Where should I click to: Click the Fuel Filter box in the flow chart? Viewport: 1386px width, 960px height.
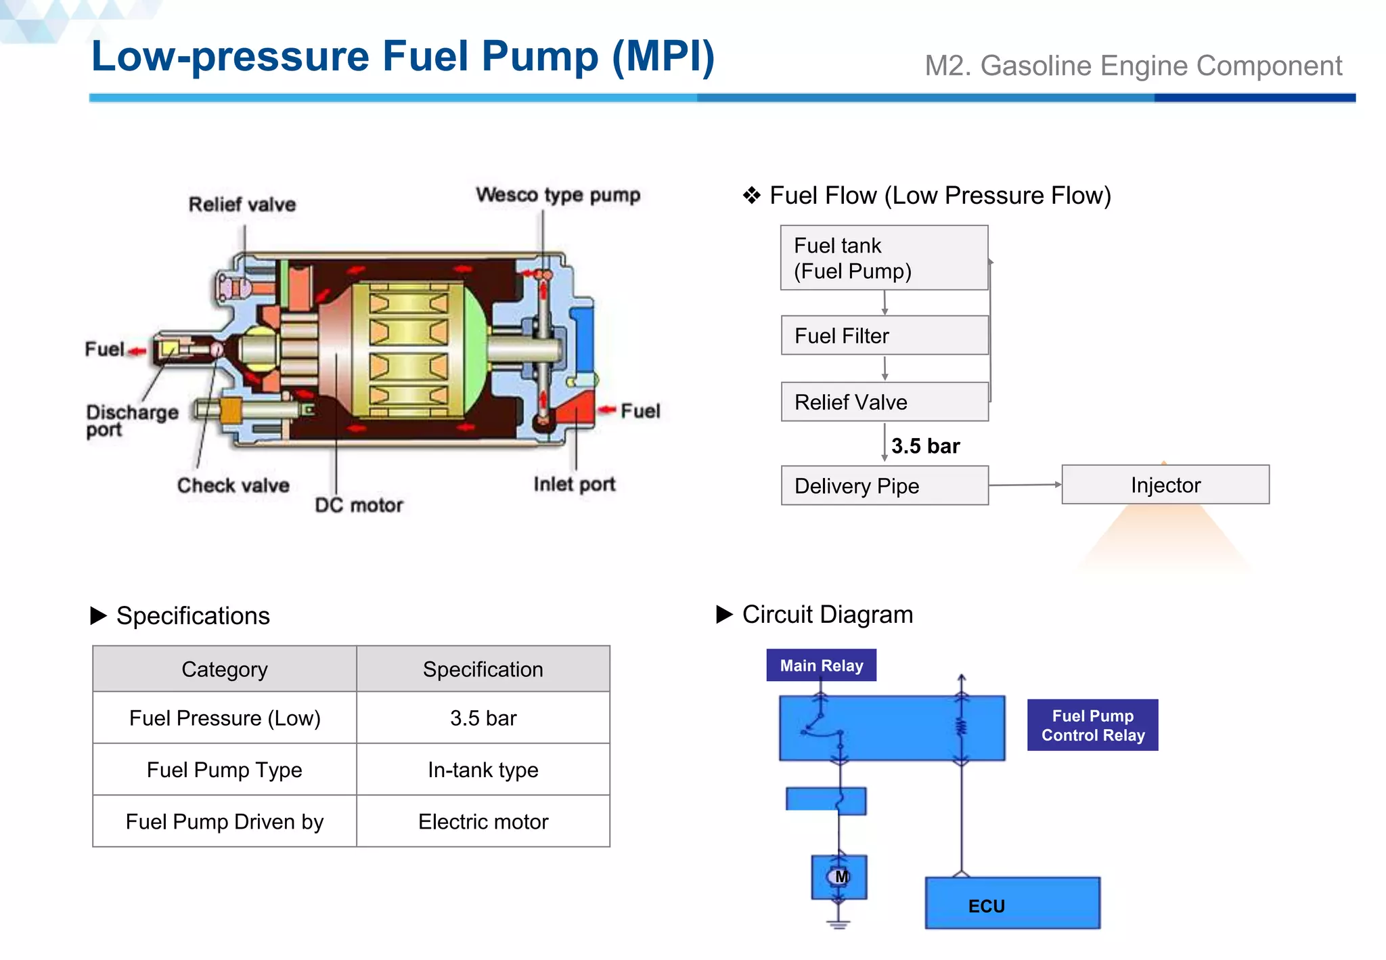pyautogui.click(x=884, y=335)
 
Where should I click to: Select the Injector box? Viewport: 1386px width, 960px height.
pyautogui.click(x=1165, y=485)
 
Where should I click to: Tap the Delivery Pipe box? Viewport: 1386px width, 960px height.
pyautogui.click(x=884, y=485)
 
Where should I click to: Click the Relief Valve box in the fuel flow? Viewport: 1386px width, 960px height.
pyautogui.click(x=884, y=402)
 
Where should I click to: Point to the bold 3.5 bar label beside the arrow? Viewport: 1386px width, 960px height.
pyautogui.click(x=925, y=446)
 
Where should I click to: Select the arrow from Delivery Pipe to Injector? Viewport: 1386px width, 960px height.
pyautogui.click(x=1025, y=485)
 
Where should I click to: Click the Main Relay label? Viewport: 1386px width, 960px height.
pyautogui.click(x=821, y=666)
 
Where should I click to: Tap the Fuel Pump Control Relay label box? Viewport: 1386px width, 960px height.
pyautogui.click(x=1092, y=725)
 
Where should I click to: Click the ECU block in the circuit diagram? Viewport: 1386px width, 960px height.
pyautogui.click(x=1012, y=904)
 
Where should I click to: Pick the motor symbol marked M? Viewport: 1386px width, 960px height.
pyautogui.click(x=839, y=877)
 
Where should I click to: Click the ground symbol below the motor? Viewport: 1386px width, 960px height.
pyautogui.click(x=838, y=924)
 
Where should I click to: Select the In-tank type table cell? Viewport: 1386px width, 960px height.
pyautogui.click(x=483, y=770)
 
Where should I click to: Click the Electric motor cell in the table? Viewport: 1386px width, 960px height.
pyautogui.click(x=483, y=821)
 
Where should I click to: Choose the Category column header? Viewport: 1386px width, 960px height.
pyautogui.click(x=224, y=669)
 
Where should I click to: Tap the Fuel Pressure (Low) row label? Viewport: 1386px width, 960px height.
pyautogui.click(x=224, y=718)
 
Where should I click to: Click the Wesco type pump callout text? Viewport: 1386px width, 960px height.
pyautogui.click(x=558, y=195)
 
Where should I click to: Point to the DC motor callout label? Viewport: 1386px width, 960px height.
pyautogui.click(x=359, y=505)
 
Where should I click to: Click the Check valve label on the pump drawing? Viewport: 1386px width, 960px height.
pyautogui.click(x=233, y=485)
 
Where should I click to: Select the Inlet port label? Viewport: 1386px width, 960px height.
pyautogui.click(x=574, y=484)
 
